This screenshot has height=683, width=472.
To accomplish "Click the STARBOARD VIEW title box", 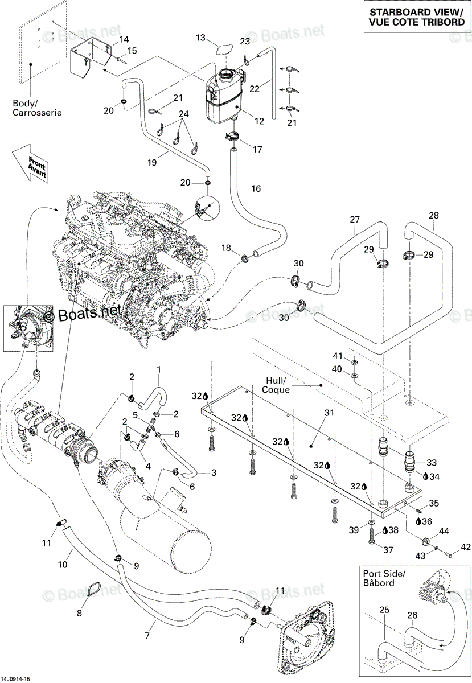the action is (x=417, y=17).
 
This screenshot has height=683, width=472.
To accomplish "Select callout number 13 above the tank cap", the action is (x=201, y=38).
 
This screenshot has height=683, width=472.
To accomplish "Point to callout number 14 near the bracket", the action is (x=124, y=39).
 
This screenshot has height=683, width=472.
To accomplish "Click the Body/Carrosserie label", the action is (x=37, y=108).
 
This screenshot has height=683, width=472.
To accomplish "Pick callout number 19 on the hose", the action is (x=152, y=163).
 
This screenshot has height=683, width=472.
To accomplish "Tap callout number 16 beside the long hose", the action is (x=256, y=188).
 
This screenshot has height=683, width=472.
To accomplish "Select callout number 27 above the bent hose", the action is (x=355, y=220).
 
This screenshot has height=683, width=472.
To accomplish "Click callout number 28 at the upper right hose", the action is (x=433, y=215).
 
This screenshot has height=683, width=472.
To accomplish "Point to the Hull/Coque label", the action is (x=276, y=385).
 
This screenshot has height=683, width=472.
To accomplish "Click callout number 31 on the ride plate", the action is (x=329, y=413).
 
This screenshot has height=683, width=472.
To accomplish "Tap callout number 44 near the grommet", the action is (x=444, y=531).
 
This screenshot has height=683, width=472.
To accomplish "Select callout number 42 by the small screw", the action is (x=466, y=547).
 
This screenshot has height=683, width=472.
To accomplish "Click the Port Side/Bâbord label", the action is (x=384, y=578).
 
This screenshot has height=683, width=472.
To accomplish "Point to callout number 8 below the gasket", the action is (x=79, y=612).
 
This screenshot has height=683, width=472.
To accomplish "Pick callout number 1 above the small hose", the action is (x=159, y=369).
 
